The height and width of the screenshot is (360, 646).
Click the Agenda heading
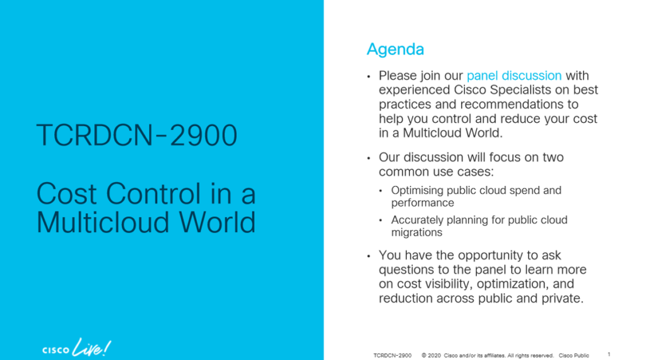(x=395, y=49)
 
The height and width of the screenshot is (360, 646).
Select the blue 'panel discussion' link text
(x=514, y=76)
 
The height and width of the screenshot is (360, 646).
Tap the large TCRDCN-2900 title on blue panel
(x=137, y=135)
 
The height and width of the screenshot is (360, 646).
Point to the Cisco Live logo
(x=76, y=347)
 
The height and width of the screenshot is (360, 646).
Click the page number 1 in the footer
(x=609, y=354)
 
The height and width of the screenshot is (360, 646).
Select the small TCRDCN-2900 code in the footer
(x=392, y=355)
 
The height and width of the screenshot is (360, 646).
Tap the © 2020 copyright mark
(x=432, y=355)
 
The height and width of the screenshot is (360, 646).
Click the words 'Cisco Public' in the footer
(x=573, y=355)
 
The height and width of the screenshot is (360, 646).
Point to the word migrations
(x=416, y=233)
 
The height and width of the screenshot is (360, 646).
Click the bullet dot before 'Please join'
(x=369, y=77)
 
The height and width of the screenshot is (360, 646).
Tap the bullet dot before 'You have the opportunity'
(x=369, y=257)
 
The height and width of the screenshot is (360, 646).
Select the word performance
(x=422, y=203)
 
